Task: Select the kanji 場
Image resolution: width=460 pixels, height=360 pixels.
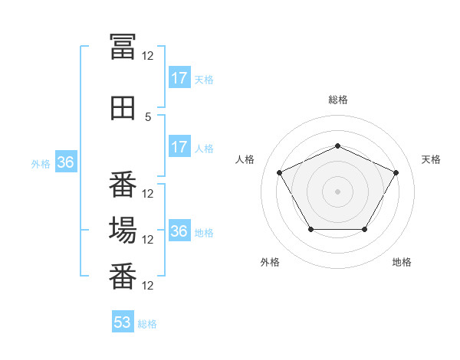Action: [x=123, y=230]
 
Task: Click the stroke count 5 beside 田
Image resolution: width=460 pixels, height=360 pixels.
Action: [x=148, y=117]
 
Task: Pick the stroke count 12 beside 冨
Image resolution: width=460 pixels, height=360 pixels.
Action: [x=148, y=55]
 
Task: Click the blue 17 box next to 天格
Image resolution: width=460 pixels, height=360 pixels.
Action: [x=179, y=78]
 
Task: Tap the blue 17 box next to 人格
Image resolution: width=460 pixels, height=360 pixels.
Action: [x=179, y=148]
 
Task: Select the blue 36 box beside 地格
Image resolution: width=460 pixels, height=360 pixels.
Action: [x=179, y=231]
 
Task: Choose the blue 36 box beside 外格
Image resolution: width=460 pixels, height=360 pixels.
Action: [x=65, y=162]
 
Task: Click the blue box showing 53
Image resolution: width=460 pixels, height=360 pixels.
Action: [x=123, y=322]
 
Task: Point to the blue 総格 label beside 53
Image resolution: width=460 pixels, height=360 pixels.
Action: [x=147, y=324]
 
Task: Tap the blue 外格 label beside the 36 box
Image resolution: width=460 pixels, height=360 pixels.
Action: [x=40, y=163]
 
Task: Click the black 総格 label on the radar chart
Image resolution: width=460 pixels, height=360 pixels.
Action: [x=338, y=100]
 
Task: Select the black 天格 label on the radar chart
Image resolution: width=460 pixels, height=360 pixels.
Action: [x=432, y=159]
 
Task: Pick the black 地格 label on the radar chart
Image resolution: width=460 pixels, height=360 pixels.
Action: [x=402, y=262]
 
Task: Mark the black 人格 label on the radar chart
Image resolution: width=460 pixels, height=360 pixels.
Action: [x=245, y=159]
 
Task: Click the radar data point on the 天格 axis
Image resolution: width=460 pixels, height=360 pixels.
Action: [x=396, y=172]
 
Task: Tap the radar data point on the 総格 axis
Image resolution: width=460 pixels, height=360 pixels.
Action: [x=338, y=146]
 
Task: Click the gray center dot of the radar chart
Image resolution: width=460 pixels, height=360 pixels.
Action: [x=338, y=191]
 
